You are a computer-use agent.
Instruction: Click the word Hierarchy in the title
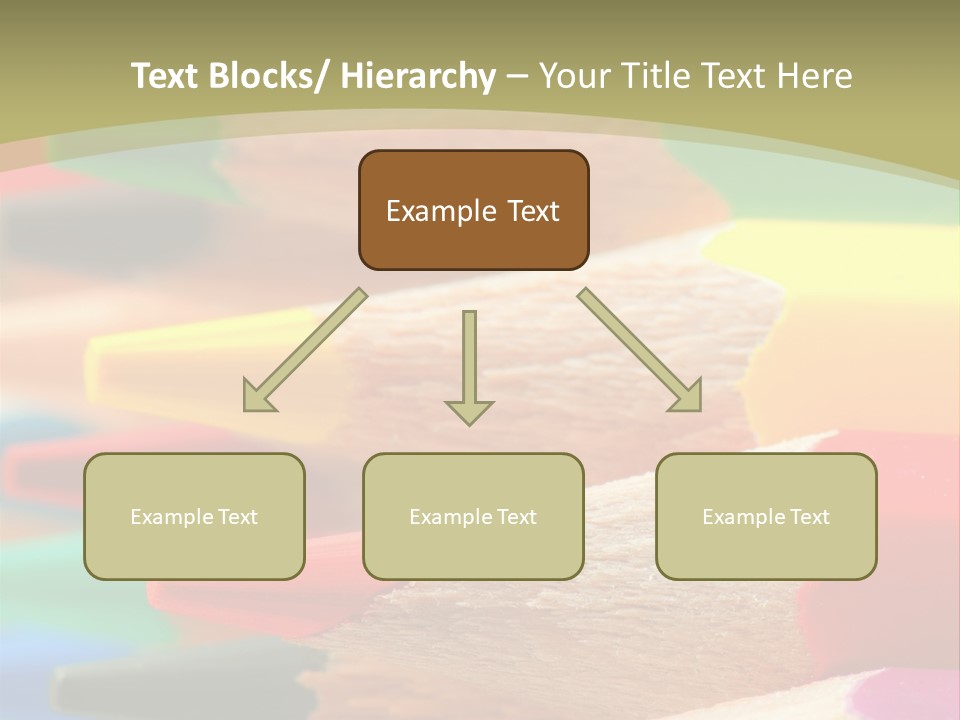pos(418,76)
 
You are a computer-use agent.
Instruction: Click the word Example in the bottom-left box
pos(167,517)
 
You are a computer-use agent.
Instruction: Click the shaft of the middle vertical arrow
pos(469,350)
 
